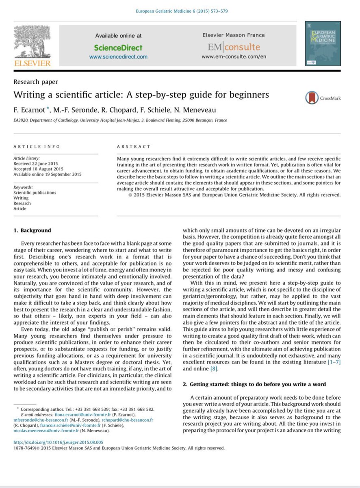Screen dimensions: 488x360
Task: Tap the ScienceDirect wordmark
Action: click(x=118, y=48)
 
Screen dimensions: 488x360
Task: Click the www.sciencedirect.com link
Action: click(x=118, y=57)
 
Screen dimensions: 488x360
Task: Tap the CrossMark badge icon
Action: click(x=312, y=98)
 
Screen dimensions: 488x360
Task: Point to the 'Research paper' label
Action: click(x=36, y=82)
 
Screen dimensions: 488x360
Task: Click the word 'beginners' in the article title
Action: click(x=245, y=95)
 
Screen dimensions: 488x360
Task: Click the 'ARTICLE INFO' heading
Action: click(x=37, y=146)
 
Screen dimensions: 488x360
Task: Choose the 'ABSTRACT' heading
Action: click(x=133, y=146)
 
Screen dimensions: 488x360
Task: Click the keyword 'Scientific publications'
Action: click(x=35, y=192)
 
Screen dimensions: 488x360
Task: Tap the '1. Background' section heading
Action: click(x=33, y=230)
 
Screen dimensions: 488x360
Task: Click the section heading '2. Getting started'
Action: click(x=254, y=384)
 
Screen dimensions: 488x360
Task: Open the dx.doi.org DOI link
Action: click(x=58, y=442)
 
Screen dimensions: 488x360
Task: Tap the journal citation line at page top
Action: click(x=181, y=11)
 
